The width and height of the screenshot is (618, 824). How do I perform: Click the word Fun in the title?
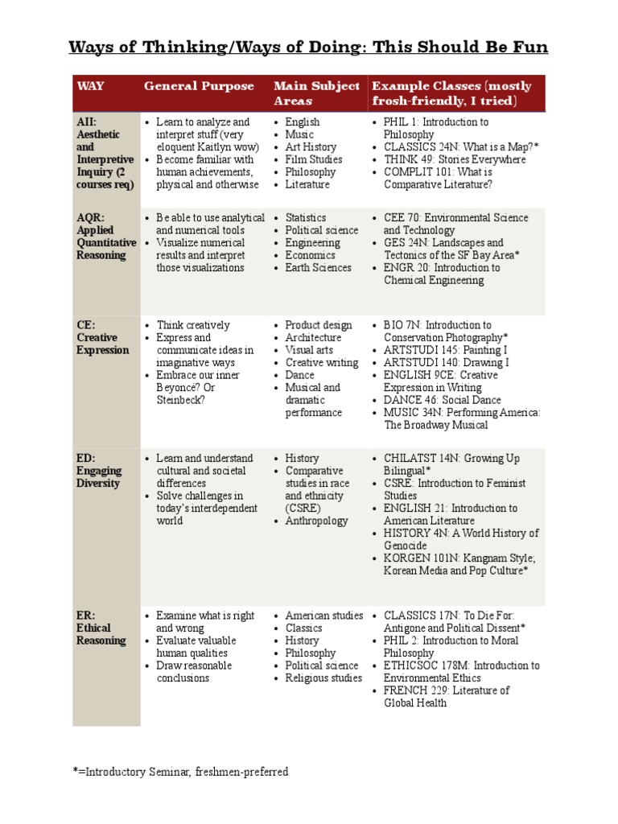click(528, 47)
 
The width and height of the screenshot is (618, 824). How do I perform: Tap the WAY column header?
click(90, 86)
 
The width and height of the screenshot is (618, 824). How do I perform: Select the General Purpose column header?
click(199, 86)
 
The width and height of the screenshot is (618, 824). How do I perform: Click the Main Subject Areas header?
click(316, 93)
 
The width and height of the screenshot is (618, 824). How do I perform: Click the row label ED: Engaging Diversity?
click(100, 471)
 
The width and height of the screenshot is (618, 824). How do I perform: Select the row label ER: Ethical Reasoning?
click(101, 628)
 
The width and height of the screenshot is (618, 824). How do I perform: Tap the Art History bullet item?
click(311, 147)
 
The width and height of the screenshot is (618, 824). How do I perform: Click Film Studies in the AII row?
click(313, 159)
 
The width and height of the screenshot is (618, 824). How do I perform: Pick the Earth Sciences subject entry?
click(318, 268)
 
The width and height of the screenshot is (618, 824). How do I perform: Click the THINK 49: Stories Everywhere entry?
click(455, 159)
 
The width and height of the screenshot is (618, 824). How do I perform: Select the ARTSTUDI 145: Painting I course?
click(445, 350)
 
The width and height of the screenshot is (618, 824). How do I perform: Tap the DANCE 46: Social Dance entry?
click(442, 400)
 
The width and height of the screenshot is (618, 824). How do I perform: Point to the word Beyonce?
click(179, 388)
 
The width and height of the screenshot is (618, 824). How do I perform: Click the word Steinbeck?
click(181, 400)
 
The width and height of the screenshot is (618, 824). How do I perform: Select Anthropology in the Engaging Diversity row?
click(316, 521)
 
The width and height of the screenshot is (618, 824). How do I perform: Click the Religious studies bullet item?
click(323, 678)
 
